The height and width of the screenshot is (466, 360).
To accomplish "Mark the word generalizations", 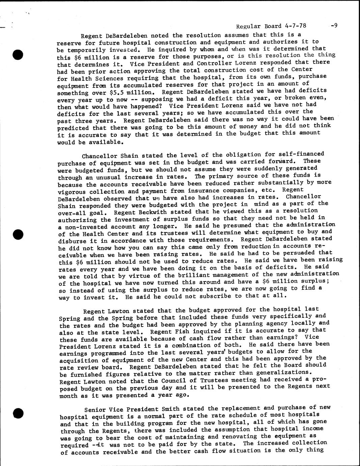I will click(282, 372).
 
